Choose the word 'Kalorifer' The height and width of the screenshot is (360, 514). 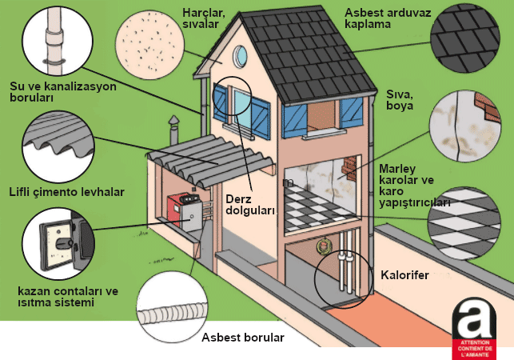(x=404, y=275)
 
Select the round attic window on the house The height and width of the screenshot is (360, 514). (x=241, y=56)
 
